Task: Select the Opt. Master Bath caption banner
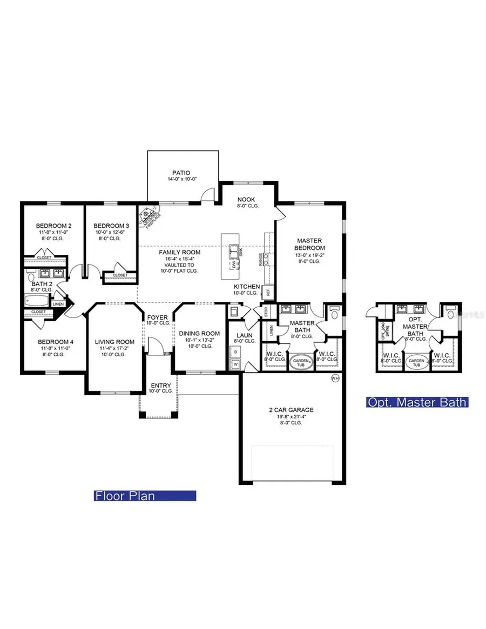click(x=417, y=402)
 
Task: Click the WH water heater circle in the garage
click(x=335, y=378)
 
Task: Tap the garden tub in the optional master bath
click(x=416, y=362)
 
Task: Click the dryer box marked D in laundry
click(x=235, y=352)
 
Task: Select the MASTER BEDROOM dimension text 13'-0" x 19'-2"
click(x=309, y=254)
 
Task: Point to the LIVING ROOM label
click(x=114, y=342)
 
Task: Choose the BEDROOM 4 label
click(x=53, y=342)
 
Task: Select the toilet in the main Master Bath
click(x=334, y=313)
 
